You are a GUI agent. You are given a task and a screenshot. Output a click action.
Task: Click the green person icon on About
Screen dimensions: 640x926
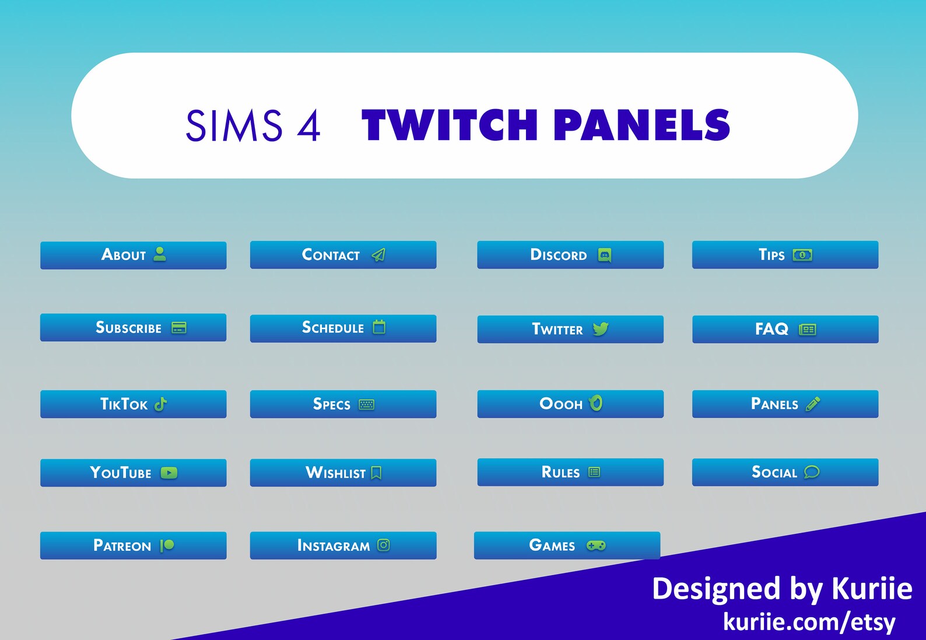[x=160, y=254]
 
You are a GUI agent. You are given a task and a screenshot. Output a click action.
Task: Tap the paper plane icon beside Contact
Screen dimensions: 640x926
[x=378, y=255]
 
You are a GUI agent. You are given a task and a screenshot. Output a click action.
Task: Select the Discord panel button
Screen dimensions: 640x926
[x=570, y=255]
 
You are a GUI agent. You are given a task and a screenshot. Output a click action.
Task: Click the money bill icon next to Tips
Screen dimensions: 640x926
[x=802, y=255]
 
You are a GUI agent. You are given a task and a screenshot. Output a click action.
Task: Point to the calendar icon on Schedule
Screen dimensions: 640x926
[x=379, y=327]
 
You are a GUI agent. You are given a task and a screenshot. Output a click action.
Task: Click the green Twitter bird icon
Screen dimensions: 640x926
[x=600, y=329]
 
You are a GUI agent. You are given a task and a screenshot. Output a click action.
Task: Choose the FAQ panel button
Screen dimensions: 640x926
[x=784, y=329]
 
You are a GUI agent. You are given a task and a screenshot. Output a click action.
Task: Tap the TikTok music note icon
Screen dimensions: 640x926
[x=161, y=404]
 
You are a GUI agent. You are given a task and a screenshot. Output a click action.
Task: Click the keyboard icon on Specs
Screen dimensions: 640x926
[x=367, y=404]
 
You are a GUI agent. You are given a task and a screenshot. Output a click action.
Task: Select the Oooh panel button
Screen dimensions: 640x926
[x=570, y=404]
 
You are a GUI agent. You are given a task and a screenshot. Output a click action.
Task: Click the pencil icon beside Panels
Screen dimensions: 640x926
[x=813, y=404]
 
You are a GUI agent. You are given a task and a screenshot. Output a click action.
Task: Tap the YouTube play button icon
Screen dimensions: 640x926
[x=169, y=473]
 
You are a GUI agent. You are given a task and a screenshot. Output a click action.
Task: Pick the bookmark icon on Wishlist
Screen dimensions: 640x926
[x=377, y=473]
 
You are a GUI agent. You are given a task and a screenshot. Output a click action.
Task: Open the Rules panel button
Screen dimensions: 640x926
[x=570, y=472]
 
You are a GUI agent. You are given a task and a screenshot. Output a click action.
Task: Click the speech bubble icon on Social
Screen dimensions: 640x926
[x=812, y=472]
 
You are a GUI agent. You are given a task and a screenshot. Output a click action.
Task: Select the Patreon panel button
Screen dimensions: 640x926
[x=133, y=545]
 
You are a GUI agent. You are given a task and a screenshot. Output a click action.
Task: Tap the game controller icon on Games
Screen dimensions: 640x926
[x=596, y=545]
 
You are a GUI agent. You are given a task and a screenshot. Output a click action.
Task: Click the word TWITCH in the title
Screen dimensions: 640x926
[x=450, y=125]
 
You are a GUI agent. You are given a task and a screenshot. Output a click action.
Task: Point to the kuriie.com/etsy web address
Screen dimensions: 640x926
[x=809, y=621]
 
